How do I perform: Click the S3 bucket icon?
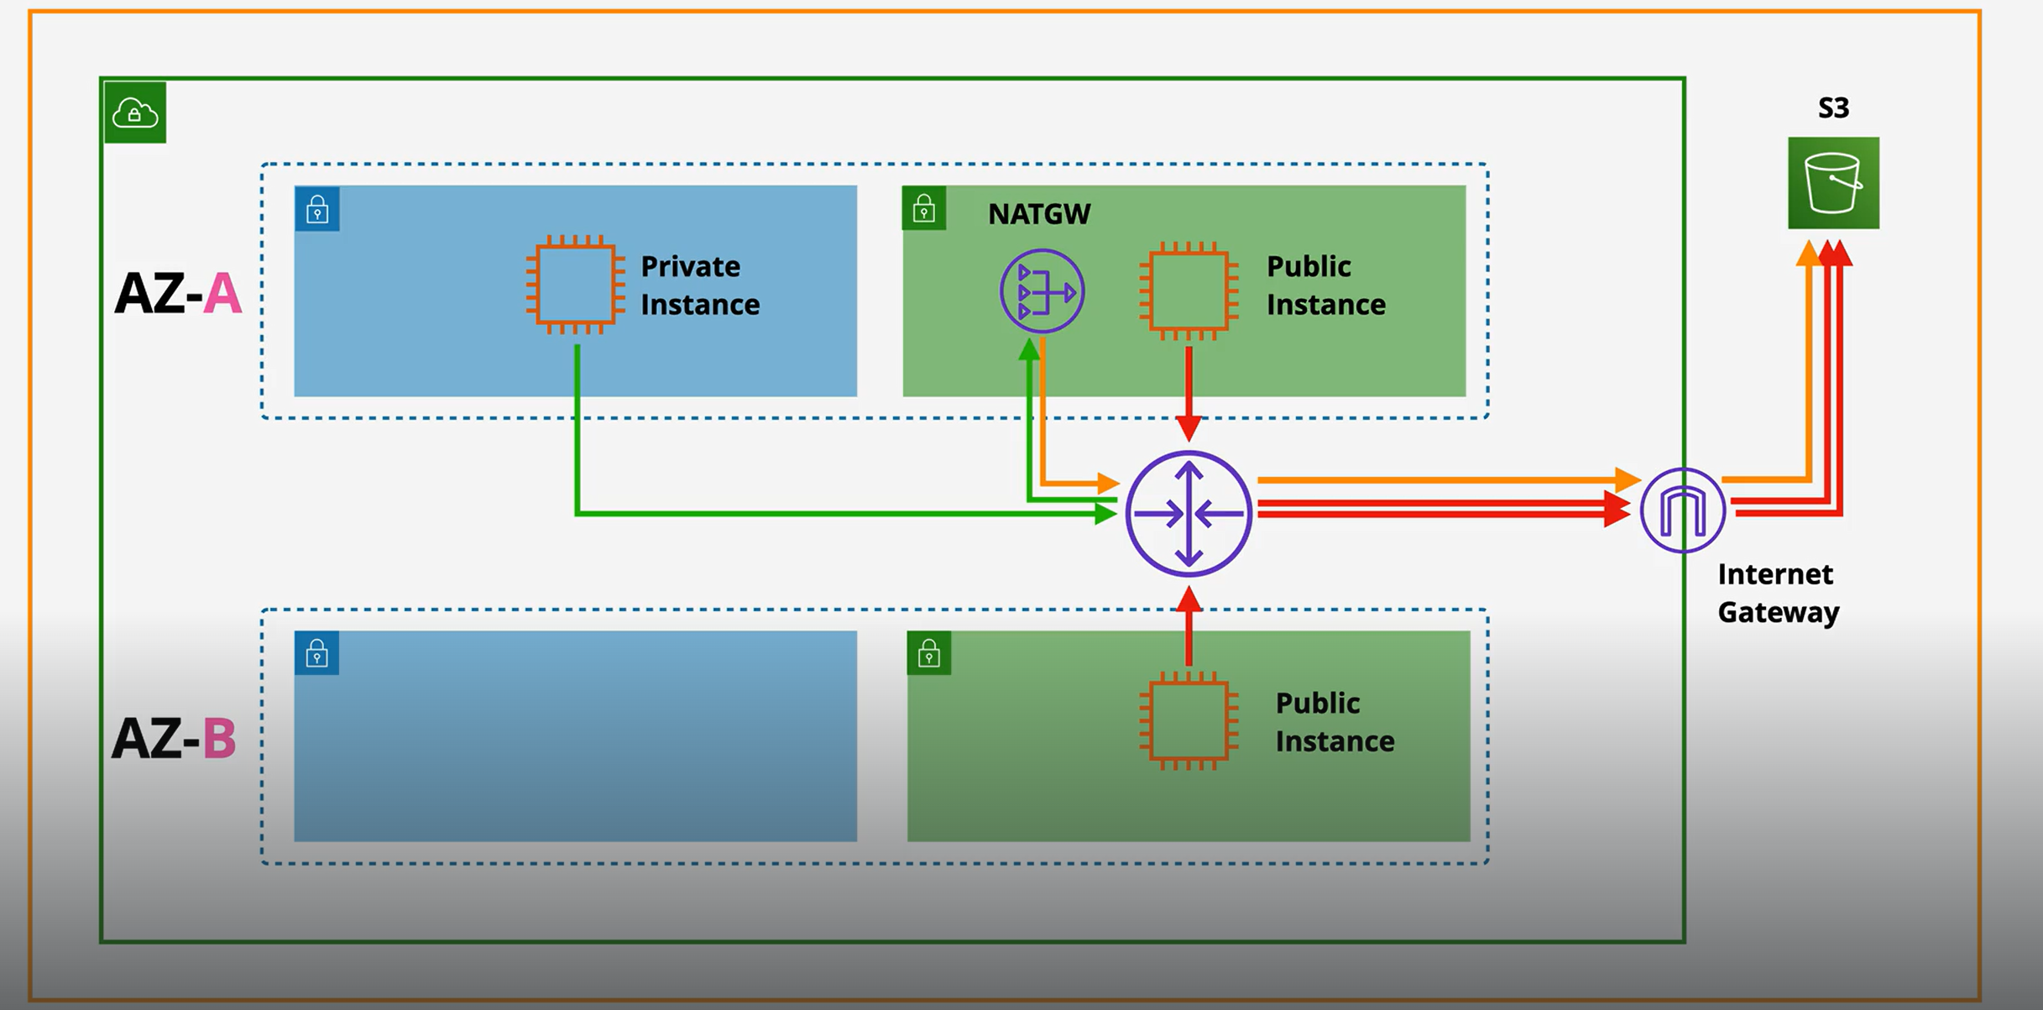point(1833,183)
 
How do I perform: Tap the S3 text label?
point(1833,107)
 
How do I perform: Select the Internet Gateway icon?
point(1682,510)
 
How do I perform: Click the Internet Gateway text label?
point(1777,594)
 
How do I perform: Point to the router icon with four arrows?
point(1189,514)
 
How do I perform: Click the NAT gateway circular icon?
point(1042,291)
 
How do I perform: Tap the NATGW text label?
point(1038,214)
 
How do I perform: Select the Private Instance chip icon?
point(576,285)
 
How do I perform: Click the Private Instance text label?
point(699,285)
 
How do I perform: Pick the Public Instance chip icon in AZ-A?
point(1189,290)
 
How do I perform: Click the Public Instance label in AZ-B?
point(1335,722)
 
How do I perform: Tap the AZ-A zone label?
point(178,294)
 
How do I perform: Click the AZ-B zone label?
point(174,738)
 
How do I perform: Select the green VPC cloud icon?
point(135,113)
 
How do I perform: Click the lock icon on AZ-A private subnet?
point(317,209)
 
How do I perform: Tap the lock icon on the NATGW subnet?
point(924,208)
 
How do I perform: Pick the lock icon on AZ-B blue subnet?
point(316,653)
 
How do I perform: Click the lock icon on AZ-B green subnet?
point(929,653)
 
